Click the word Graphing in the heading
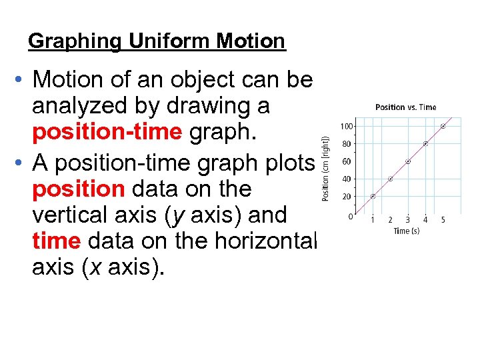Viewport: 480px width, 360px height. (75, 41)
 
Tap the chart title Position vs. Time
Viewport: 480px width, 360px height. (405, 107)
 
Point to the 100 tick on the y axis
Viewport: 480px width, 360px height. (347, 126)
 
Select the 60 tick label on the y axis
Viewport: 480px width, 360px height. (347, 161)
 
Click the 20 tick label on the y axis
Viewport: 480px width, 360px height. (347, 196)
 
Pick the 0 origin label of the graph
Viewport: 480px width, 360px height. (351, 217)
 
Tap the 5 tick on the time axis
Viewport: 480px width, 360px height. (443, 220)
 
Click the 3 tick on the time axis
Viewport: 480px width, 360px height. (408, 220)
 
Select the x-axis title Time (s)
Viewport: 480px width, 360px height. (406, 231)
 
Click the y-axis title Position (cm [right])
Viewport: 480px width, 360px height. (326, 168)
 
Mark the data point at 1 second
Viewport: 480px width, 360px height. (373, 196)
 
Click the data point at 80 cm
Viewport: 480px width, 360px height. (425, 143)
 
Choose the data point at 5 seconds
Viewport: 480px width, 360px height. (443, 126)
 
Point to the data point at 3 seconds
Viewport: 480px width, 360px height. (408, 161)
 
